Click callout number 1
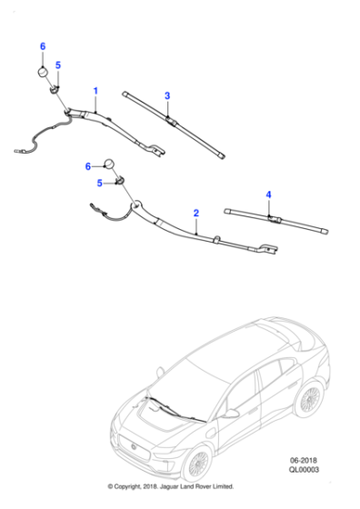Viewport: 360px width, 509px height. pos(96,91)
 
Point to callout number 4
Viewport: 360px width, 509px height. pos(268,195)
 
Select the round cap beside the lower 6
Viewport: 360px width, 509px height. pos(109,165)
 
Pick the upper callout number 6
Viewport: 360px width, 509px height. pos(42,45)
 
